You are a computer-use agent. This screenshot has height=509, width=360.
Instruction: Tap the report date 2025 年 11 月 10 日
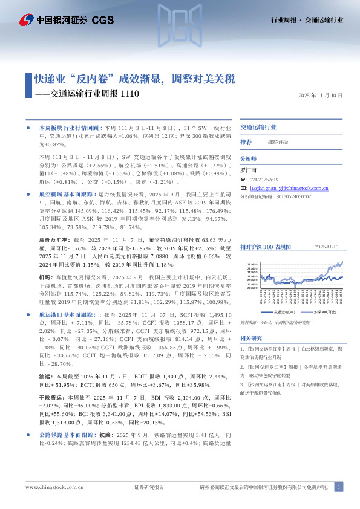coord(321,96)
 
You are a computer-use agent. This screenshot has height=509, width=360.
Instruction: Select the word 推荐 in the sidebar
coord(246,141)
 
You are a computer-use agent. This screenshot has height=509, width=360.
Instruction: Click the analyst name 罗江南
coord(249,170)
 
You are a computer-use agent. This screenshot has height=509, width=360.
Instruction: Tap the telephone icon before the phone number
coord(243,180)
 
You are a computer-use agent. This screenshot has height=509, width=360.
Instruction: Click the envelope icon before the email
coord(243,189)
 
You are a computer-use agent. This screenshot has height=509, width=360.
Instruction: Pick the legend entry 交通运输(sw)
coord(284,312)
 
